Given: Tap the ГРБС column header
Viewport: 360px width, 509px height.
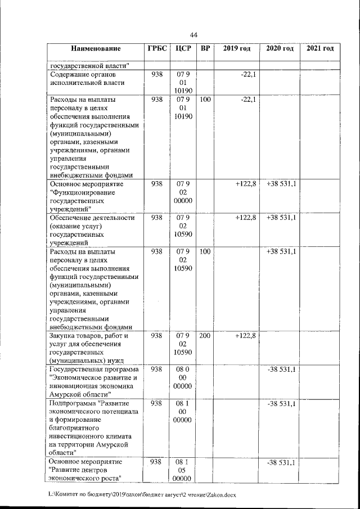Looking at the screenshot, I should tap(157, 49).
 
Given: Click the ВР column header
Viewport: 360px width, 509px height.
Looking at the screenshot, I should tap(205, 49).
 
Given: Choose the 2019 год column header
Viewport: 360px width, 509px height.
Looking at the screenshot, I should tap(237, 49).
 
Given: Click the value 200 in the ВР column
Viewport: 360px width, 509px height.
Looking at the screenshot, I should tap(205, 336).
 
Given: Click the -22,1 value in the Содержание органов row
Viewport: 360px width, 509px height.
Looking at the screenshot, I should tap(245, 74).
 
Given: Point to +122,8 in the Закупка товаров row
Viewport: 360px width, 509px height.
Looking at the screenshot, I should tap(243, 336).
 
